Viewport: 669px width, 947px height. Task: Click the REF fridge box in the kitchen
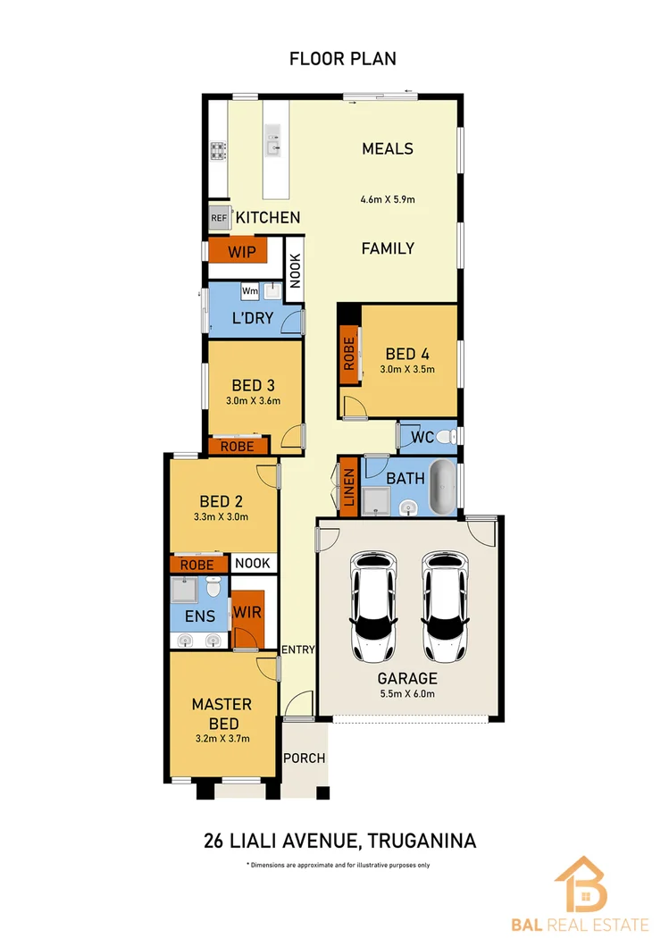[x=218, y=217]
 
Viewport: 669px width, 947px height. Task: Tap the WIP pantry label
[x=241, y=252]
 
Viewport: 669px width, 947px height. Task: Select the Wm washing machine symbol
[x=250, y=291]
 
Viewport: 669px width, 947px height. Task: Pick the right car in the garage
[x=443, y=604]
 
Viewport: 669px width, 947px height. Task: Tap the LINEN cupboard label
[x=349, y=487]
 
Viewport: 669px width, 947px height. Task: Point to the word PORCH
[x=304, y=758]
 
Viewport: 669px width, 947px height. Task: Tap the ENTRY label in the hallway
[x=297, y=649]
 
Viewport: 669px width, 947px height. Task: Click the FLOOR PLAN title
[x=342, y=59]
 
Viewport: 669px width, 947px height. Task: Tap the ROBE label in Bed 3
[x=237, y=446]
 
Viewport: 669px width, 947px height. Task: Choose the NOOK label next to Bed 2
[x=252, y=564]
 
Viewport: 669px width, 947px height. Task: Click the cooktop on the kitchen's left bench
[x=217, y=149]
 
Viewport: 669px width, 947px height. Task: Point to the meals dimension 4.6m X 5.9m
[x=388, y=199]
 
